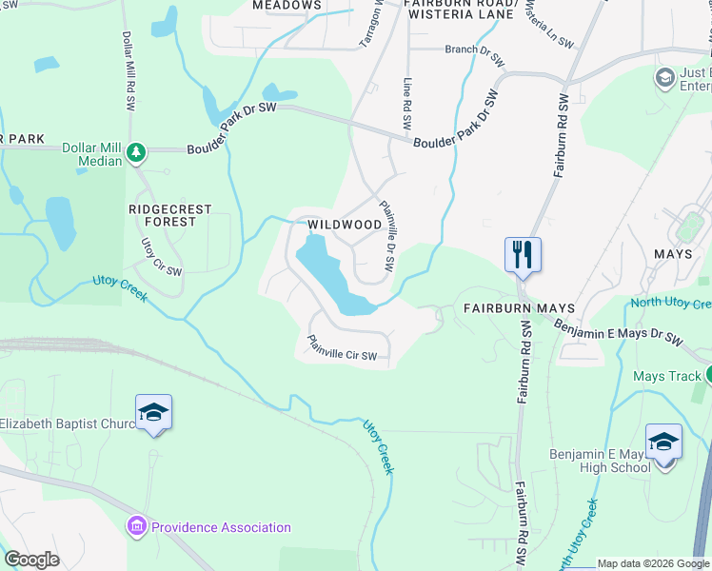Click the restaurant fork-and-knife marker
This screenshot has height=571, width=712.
(x=523, y=254)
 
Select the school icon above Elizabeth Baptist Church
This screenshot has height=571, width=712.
(x=153, y=412)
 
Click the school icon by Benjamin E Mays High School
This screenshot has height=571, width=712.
(x=663, y=442)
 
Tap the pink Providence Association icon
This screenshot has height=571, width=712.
(x=136, y=526)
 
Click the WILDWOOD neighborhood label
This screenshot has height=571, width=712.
(x=345, y=226)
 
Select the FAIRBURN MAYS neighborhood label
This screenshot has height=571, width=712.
(x=519, y=308)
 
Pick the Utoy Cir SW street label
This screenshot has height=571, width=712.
(x=161, y=257)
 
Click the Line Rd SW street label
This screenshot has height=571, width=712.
(x=407, y=105)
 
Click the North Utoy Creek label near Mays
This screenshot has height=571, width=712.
(x=670, y=305)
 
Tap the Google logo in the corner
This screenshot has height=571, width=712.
(x=31, y=560)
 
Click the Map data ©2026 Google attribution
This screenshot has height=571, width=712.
(x=653, y=563)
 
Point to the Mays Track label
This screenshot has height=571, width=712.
(x=666, y=376)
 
